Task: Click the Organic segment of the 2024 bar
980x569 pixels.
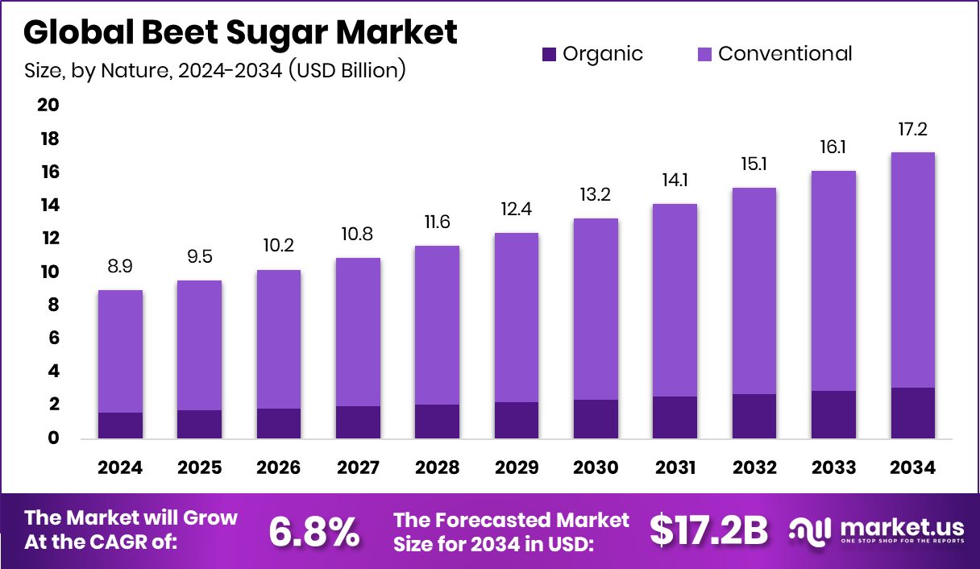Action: coord(120,426)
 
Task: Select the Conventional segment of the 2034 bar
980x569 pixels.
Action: coord(912,270)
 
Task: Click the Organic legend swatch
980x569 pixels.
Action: coord(549,55)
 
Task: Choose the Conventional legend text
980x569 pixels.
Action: coord(785,54)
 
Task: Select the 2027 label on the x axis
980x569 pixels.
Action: coord(358,468)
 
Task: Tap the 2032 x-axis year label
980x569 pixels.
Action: coord(754,468)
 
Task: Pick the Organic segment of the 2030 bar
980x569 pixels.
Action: coord(596,419)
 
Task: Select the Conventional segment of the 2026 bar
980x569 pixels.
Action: coord(279,339)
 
